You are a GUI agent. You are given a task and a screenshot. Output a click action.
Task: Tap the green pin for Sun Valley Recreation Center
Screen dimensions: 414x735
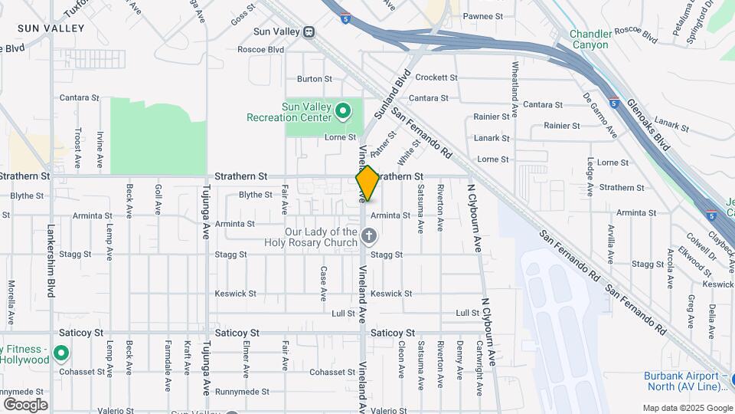pyautogui.click(x=344, y=113)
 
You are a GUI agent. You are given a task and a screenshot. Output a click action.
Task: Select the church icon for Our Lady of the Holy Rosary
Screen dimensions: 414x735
pyautogui.click(x=370, y=236)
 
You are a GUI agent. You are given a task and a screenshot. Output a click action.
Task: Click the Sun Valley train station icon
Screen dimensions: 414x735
pyautogui.click(x=309, y=32)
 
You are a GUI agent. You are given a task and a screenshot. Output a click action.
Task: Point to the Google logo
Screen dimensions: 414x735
pyautogui.click(x=25, y=404)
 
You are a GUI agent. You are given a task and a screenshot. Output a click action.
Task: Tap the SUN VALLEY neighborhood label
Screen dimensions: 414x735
pyautogui.click(x=51, y=28)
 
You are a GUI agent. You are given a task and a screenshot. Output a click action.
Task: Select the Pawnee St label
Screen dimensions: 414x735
pyautogui.click(x=484, y=16)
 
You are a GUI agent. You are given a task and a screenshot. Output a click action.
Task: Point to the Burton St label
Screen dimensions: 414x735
pyautogui.click(x=314, y=79)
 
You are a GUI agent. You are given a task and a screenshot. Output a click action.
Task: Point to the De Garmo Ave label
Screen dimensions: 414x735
pyautogui.click(x=600, y=115)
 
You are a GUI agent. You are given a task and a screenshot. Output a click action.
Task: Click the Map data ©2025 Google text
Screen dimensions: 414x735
pyautogui.click(x=686, y=408)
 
